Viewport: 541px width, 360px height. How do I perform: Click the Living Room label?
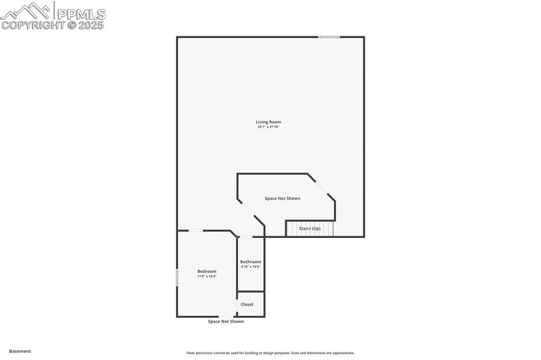[268, 122]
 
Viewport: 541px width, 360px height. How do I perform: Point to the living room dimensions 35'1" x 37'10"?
[268, 127]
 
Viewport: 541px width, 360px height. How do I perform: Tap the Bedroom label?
[207, 271]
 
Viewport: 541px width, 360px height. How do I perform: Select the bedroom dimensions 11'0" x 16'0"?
[207, 277]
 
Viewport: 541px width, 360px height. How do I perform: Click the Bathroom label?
[250, 262]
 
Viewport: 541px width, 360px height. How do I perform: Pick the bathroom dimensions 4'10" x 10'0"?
[250, 267]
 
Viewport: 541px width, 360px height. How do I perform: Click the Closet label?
[247, 305]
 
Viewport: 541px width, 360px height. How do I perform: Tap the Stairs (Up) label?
[310, 229]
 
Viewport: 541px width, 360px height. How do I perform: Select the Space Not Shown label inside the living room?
[283, 198]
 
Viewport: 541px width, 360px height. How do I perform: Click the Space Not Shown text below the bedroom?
[226, 321]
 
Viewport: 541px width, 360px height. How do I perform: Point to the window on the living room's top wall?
[329, 37]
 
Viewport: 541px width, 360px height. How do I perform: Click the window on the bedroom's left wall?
[177, 277]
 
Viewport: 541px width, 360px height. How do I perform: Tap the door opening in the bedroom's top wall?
[196, 231]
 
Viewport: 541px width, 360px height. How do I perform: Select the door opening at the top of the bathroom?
[246, 237]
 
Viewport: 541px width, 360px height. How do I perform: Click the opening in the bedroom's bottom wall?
[226, 317]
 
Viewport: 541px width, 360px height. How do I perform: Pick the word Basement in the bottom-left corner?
[20, 351]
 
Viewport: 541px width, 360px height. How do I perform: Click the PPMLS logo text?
[81, 14]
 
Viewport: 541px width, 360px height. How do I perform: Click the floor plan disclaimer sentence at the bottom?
[270, 353]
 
